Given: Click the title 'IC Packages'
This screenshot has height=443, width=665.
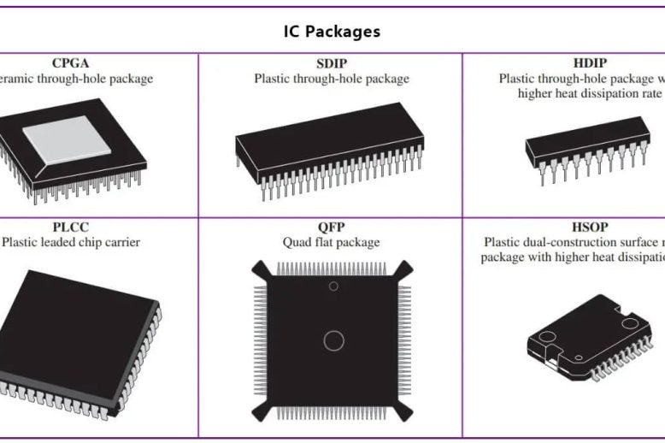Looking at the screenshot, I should coord(332,32).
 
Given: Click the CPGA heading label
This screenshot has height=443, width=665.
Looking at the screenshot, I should coord(70,63).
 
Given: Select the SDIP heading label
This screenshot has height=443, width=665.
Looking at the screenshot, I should coord(331,63).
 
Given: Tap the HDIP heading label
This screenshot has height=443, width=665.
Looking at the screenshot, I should coord(590,63).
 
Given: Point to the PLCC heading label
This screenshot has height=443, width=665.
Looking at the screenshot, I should coord(70,227).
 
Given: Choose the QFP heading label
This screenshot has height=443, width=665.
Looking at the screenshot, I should coord(331,227).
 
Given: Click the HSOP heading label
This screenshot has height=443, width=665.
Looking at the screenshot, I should coord(590,227).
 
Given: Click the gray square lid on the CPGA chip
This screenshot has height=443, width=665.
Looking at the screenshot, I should coord(75,139).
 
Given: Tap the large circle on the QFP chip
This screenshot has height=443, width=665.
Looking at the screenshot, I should coord(333,340).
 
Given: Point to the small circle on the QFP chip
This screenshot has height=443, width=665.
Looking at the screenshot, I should coord(333,286).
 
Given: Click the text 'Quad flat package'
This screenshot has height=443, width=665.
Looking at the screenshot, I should coord(332,243).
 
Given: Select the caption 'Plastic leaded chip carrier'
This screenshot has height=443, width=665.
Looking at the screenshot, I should coord(72,243).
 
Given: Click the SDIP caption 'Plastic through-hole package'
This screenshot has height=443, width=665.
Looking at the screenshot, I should coord(332,79).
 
